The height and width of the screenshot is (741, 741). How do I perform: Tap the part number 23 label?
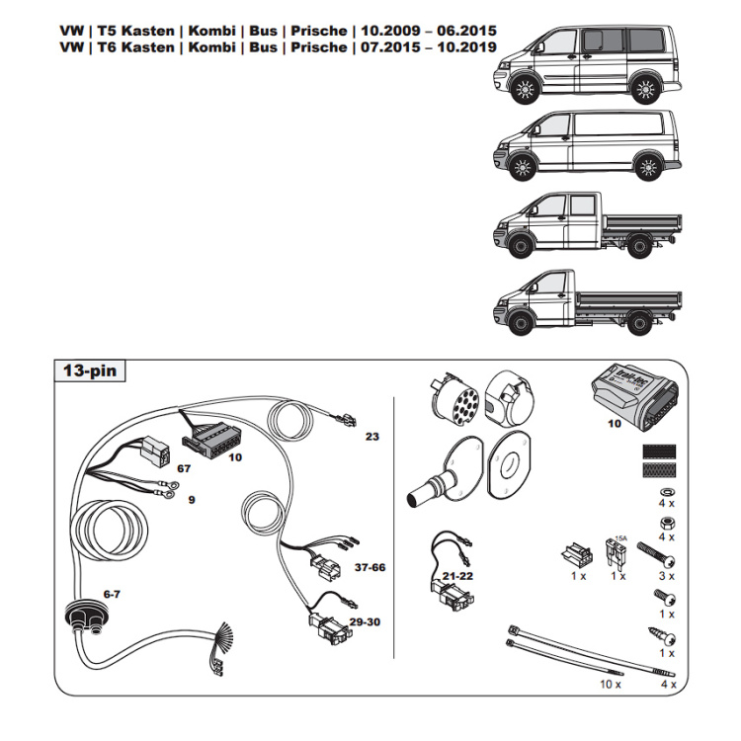[x=371, y=435]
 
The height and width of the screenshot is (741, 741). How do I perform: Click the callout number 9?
[x=191, y=499]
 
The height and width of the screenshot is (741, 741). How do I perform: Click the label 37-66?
[x=370, y=568]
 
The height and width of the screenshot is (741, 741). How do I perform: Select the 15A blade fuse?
[x=619, y=552]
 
